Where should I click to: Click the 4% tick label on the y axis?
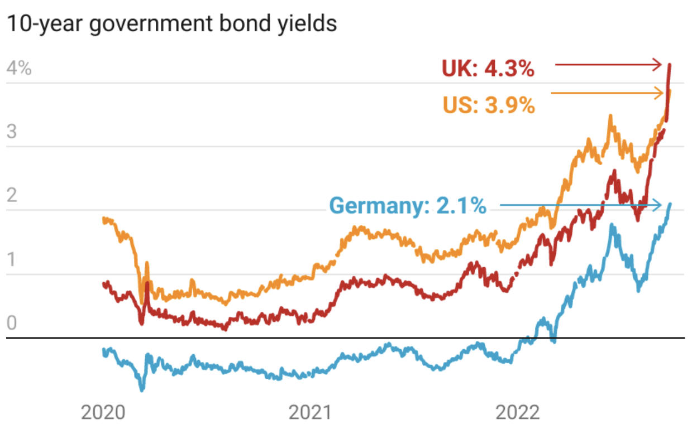19,69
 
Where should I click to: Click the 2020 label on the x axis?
102,413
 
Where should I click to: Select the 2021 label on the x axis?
311,413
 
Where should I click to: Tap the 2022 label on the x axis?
518,413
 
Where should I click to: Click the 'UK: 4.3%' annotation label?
488,70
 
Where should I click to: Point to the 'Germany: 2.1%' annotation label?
408,206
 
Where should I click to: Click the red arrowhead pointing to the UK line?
660,66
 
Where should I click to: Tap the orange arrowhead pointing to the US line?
660,93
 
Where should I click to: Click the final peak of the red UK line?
670,65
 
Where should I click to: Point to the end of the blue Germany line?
670,204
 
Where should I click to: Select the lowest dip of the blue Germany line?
142,389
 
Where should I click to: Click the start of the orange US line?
104,219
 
